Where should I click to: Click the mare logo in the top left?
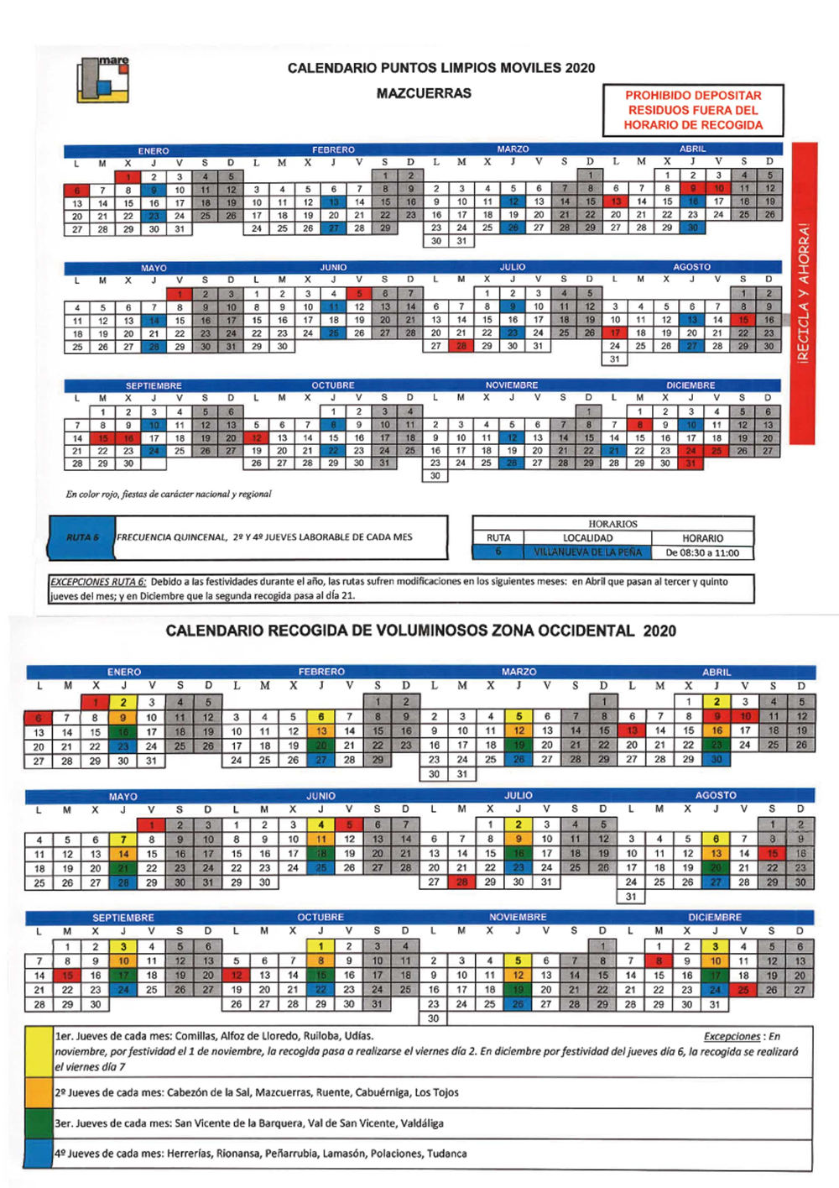pos(102,80)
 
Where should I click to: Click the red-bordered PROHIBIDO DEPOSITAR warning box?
pos(693,110)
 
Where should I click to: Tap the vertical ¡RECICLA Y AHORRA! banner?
pos(804,293)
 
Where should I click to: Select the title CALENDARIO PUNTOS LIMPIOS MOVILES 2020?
pos(440,68)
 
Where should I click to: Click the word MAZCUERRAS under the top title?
pos(424,93)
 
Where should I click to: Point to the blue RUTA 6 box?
pos(82,537)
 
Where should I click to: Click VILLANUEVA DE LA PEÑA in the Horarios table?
pos(587,552)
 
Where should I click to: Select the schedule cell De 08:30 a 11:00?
pos(702,552)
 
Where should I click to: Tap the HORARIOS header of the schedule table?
pos(612,524)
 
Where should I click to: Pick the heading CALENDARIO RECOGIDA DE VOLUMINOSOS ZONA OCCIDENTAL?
pos(420,631)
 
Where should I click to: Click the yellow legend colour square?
pos(39,1051)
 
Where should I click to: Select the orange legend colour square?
pos(39,1092)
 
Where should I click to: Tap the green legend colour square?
pos(39,1123)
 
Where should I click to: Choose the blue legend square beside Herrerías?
pos(39,1154)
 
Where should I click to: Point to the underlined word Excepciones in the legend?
pos(732,1037)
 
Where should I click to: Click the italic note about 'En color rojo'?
pos(169,495)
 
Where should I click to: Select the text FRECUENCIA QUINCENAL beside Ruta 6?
pos(171,537)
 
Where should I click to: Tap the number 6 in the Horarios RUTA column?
pos(498,552)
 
